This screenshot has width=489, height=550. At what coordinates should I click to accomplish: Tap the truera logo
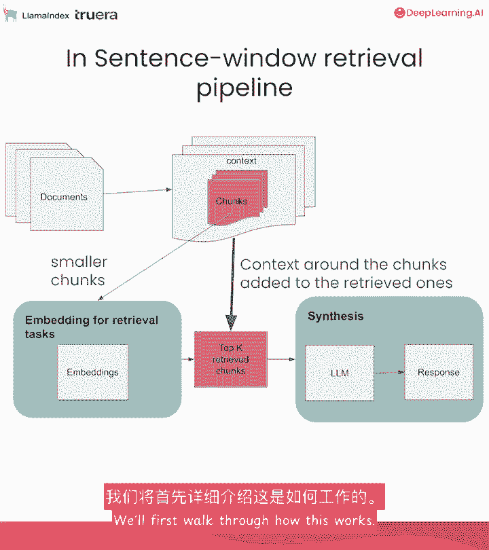pyautogui.click(x=97, y=15)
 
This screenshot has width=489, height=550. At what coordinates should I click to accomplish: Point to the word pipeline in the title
pyautogui.click(x=244, y=88)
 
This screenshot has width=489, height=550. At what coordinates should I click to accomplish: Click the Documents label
pyautogui.click(x=64, y=197)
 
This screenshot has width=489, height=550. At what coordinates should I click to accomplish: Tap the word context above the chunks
pyautogui.click(x=241, y=161)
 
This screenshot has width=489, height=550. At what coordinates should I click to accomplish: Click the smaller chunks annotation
pyautogui.click(x=78, y=271)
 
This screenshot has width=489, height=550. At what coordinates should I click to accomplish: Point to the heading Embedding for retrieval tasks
pyautogui.click(x=92, y=327)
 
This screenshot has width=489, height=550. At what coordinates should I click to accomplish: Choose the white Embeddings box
pyautogui.click(x=92, y=372)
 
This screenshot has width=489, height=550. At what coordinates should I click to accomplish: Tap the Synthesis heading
pyautogui.click(x=336, y=316)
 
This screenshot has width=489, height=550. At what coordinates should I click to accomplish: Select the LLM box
pyautogui.click(x=340, y=373)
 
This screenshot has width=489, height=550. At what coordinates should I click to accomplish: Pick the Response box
pyautogui.click(x=439, y=373)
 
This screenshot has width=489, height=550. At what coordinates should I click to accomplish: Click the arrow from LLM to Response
pyautogui.click(x=389, y=373)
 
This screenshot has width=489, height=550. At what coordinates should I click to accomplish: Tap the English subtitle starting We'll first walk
pyautogui.click(x=244, y=521)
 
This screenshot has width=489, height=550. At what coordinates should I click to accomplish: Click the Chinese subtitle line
pyautogui.click(x=244, y=498)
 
